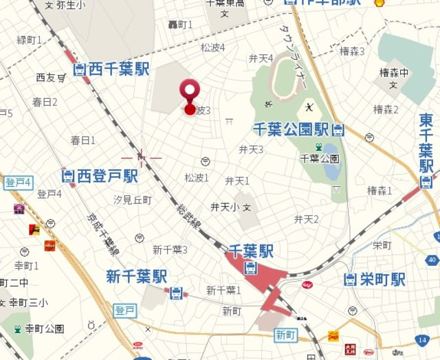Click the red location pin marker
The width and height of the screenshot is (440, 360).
click(190, 95)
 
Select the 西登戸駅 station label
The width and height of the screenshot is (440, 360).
click(100, 177)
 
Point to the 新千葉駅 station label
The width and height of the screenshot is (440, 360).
click(137, 276)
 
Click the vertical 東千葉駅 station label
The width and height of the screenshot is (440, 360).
click(426, 144)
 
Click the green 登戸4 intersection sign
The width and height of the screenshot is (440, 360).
click(18, 183)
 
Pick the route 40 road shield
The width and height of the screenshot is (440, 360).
click(431, 259)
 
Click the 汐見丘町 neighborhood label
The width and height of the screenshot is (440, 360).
click(132, 199)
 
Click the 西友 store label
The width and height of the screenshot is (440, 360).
click(46, 78)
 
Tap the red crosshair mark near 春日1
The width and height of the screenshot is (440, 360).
click(142, 158)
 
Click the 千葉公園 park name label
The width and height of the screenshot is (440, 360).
click(320, 159)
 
